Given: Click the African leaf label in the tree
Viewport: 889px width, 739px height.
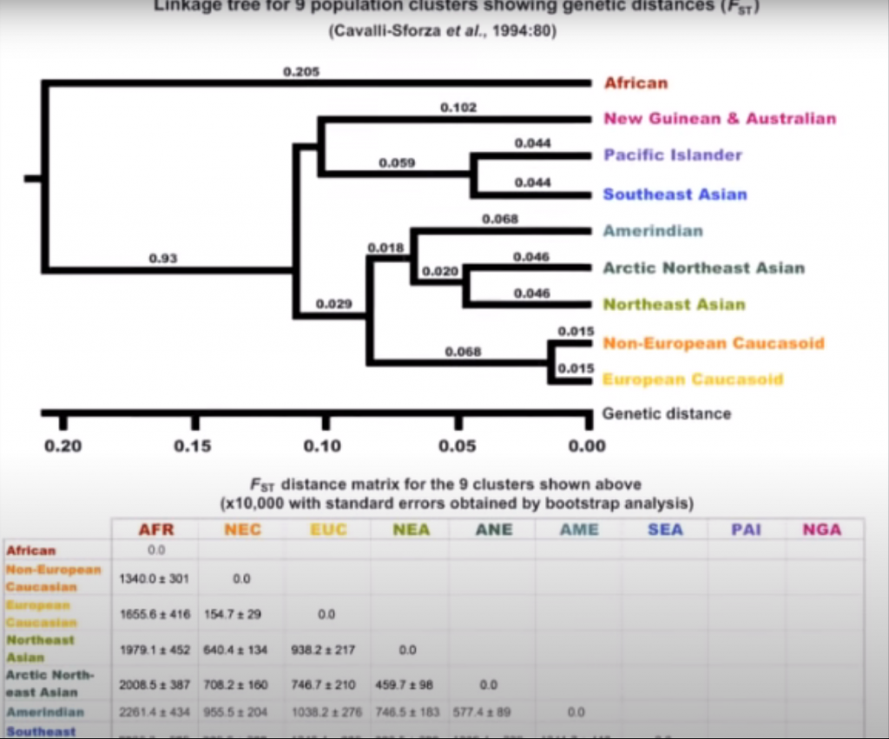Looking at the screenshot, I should [635, 83].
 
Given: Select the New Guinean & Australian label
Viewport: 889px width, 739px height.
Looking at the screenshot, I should [720, 119].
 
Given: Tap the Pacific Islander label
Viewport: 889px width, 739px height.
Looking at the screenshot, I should [673, 155].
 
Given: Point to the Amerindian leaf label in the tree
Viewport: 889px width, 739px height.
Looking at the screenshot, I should [653, 231].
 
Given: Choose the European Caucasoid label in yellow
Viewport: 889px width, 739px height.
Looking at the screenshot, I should [693, 379].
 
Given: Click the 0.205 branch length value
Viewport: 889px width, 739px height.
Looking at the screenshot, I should [301, 72].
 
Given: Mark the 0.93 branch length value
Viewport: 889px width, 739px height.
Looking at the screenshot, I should [162, 258].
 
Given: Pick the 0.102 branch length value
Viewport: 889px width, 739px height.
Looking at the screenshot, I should [458, 108].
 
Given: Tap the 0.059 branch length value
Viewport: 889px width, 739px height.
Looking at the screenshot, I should [397, 162].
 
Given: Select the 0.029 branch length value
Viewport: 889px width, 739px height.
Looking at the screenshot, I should [333, 304].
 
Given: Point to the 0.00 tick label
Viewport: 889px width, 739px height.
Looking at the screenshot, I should [588, 446].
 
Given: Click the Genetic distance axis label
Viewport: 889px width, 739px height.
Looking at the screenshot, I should [667, 413].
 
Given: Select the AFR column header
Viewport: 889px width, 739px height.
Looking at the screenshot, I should [156, 529].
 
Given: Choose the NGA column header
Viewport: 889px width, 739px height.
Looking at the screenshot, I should [823, 529].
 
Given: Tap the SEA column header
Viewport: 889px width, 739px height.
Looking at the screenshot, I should [665, 529].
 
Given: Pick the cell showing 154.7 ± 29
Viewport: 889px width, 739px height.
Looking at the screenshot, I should [241, 614].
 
